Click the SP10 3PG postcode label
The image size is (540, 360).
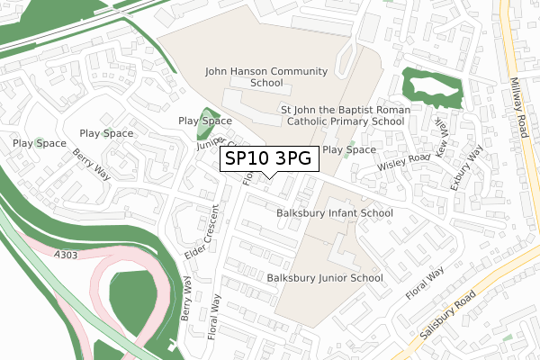tap(269, 159)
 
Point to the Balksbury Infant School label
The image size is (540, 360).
tap(335, 213)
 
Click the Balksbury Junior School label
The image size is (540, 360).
tap(325, 278)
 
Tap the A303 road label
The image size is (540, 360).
tap(67, 232)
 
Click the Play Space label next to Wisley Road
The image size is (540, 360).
tap(348, 149)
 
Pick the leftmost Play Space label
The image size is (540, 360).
tap(39, 143)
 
